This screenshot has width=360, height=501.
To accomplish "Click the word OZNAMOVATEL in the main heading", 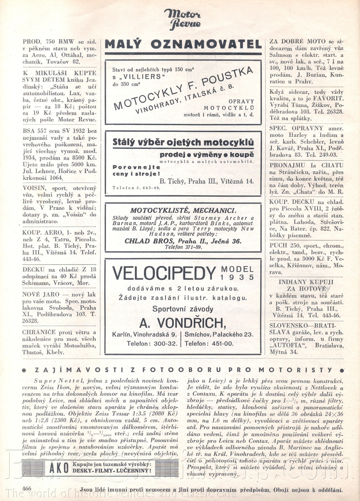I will (206, 44).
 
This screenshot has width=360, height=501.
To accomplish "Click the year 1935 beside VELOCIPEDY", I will (237, 277).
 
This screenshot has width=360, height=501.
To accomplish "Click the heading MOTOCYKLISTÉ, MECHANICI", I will (182, 211).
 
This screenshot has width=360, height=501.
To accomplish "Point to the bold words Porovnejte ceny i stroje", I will (136, 171).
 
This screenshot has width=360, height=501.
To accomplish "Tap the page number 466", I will (27, 488).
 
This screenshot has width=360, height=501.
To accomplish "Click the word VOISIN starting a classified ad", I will (31, 188).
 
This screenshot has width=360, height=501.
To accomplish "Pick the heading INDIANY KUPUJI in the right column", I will (306, 282).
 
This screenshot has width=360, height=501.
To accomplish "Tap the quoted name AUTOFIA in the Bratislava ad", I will (288, 345).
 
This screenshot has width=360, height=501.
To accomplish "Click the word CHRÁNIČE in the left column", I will (39, 332).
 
